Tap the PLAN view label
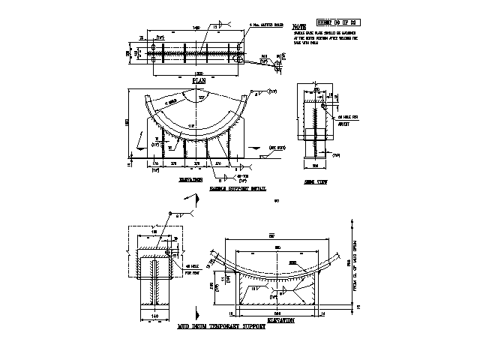(199, 79)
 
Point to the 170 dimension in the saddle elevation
(155, 162)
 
